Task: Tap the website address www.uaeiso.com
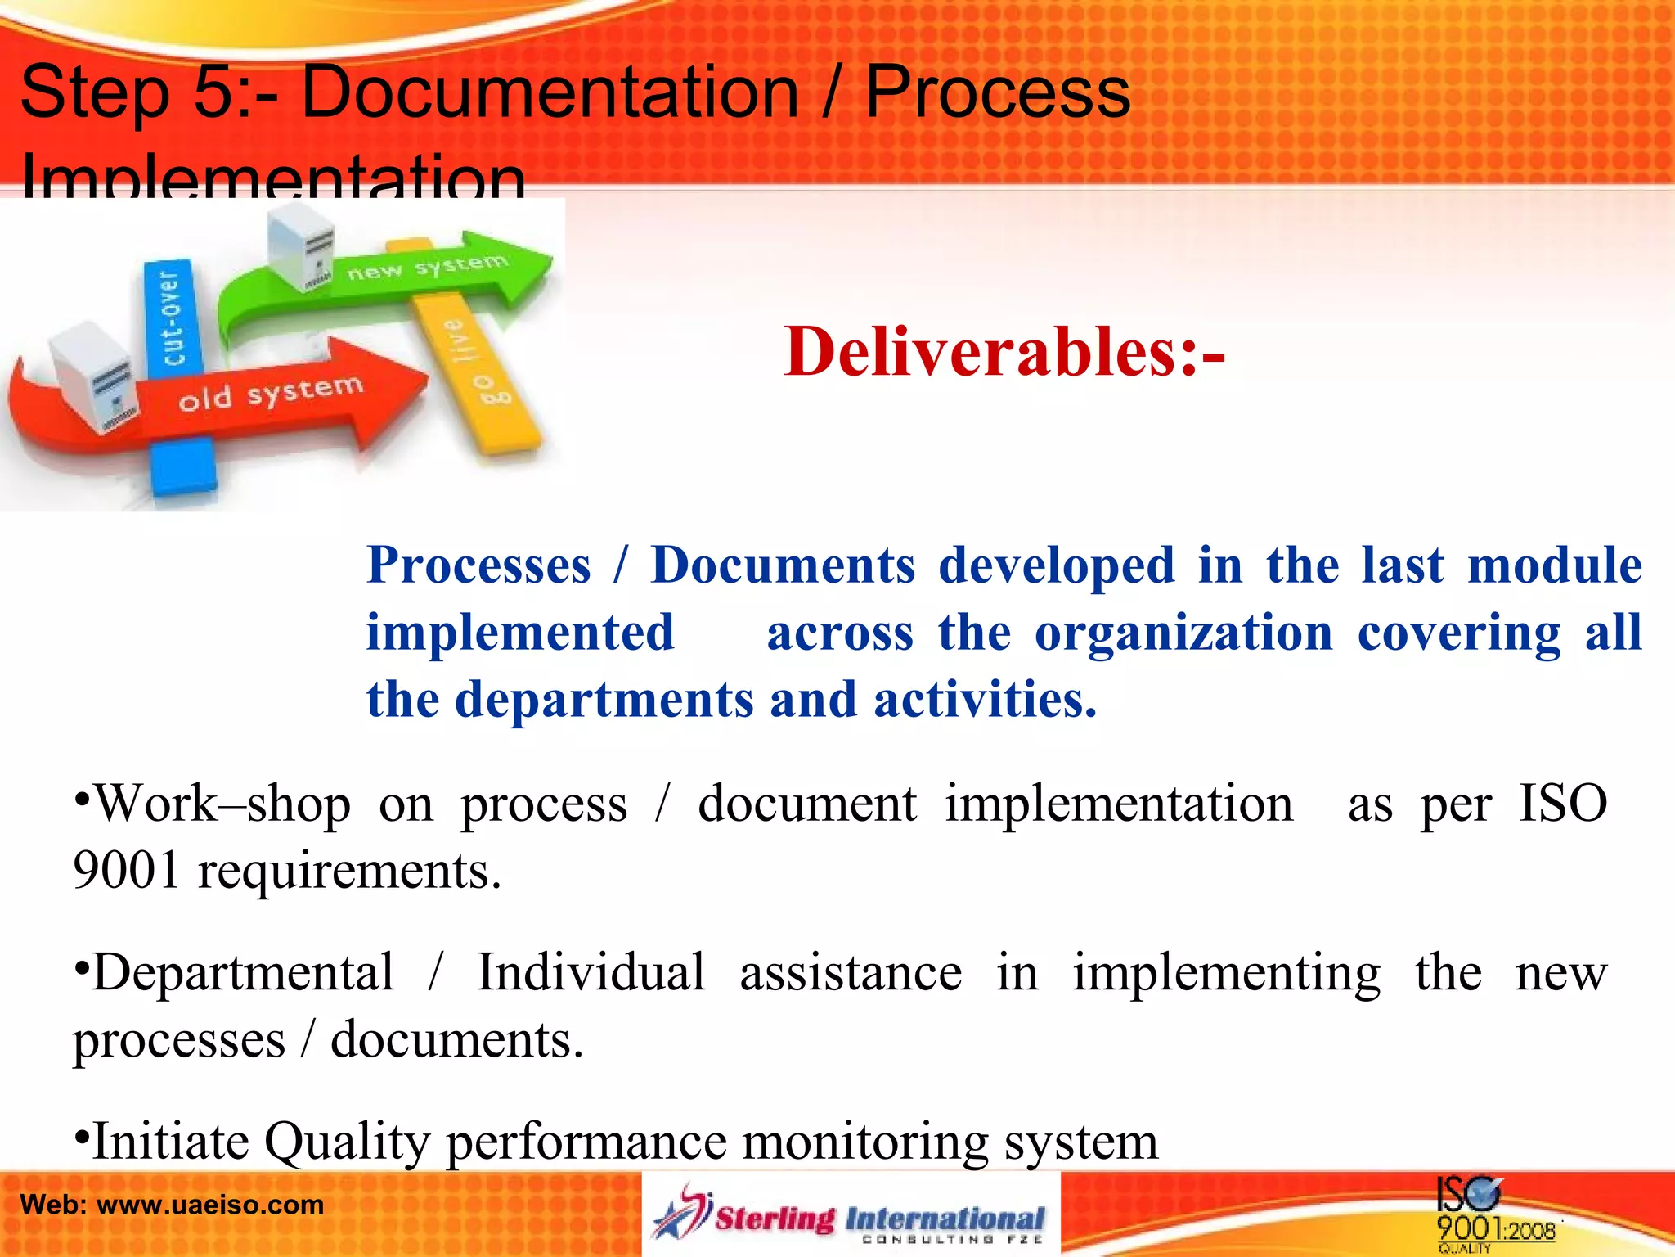click(210, 1205)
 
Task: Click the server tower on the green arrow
click(301, 245)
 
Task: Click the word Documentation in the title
click(550, 92)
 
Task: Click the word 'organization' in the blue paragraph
click(1183, 633)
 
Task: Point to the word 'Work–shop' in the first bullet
click(222, 804)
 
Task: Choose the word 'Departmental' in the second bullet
click(243, 973)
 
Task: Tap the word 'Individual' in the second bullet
click(591, 973)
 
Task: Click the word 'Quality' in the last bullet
click(347, 1142)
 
